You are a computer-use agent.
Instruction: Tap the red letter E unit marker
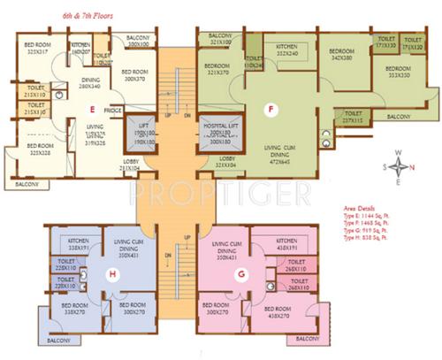click(x=91, y=110)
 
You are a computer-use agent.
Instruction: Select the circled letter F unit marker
click(x=271, y=110)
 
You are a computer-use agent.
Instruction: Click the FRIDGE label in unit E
click(x=112, y=111)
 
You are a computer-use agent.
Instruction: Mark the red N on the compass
click(x=399, y=151)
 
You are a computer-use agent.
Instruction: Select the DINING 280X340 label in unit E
click(x=94, y=83)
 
